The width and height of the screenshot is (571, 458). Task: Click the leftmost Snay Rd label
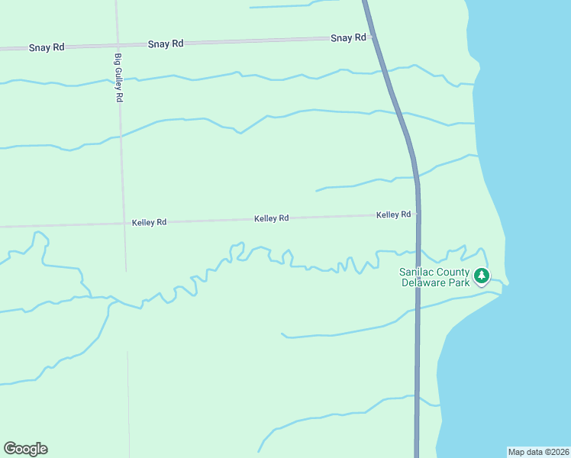click(47, 47)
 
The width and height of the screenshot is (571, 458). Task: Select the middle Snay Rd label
click(166, 44)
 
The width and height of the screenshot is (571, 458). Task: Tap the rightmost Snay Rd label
click(348, 37)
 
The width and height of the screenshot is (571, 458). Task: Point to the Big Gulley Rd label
click(118, 78)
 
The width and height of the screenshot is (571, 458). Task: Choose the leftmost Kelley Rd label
click(149, 223)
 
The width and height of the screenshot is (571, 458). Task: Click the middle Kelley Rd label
click(271, 218)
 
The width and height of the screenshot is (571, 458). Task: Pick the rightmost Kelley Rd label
click(393, 215)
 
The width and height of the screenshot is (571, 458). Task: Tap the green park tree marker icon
click(482, 276)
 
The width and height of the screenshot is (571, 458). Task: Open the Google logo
click(25, 449)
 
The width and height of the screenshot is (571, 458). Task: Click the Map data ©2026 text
click(538, 452)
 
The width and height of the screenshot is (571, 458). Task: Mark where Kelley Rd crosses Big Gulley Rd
click(124, 223)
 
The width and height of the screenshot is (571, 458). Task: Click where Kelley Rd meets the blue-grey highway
click(417, 214)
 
